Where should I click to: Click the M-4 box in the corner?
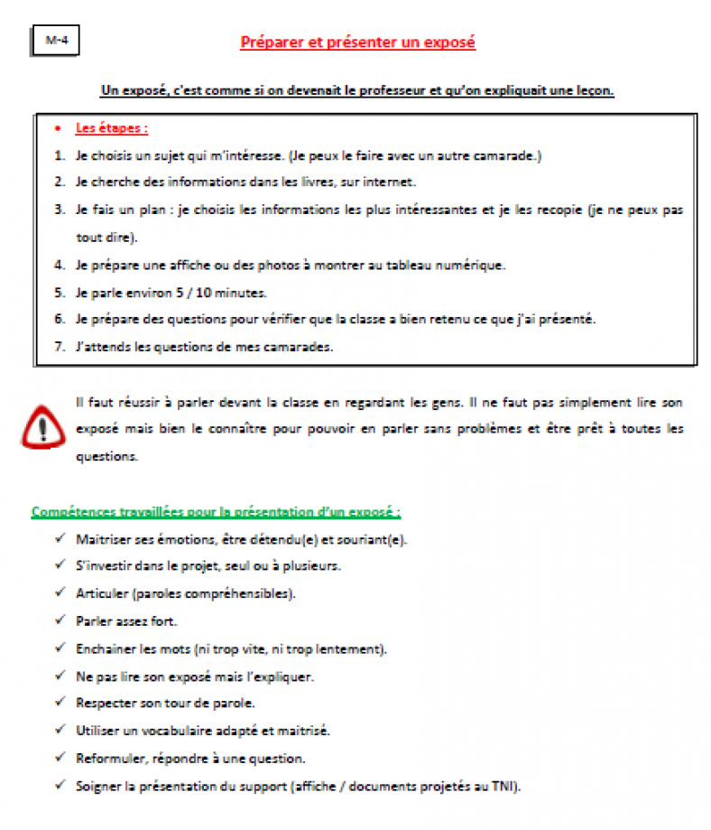(x=56, y=40)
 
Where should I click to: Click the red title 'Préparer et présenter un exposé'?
(x=357, y=42)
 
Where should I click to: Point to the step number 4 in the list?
(x=59, y=265)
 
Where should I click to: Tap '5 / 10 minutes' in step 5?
(x=191, y=292)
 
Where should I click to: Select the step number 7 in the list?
(x=59, y=346)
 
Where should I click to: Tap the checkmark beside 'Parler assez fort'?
(x=60, y=620)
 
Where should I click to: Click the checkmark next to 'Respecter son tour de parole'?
(x=60, y=702)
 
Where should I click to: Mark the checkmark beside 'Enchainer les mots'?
(x=60, y=648)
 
